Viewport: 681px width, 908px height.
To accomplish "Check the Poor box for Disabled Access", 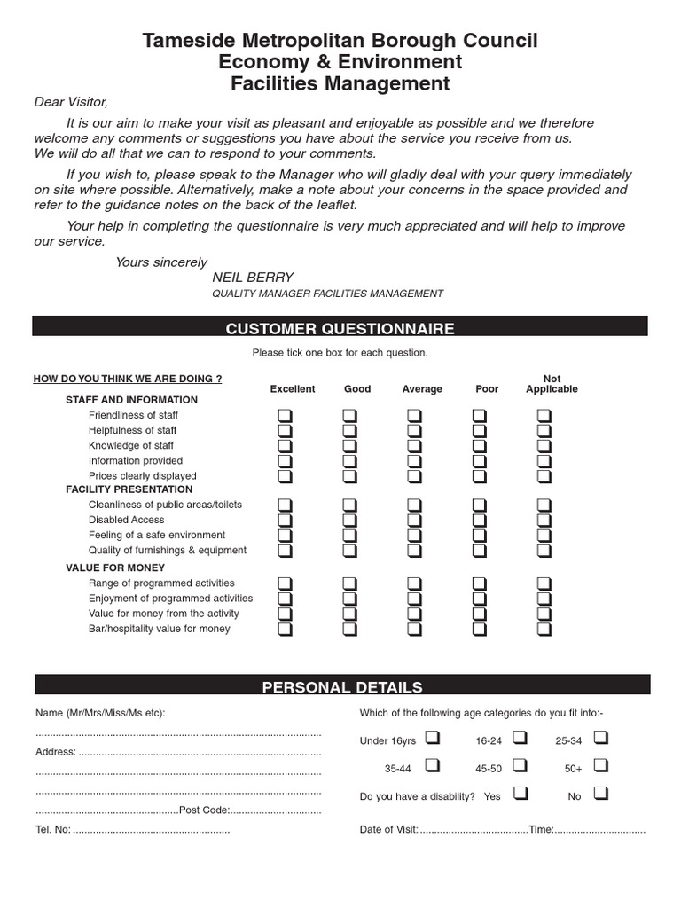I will [x=479, y=520].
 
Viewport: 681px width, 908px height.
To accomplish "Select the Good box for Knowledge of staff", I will [x=348, y=445].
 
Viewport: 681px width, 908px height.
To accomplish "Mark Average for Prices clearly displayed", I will [x=413, y=476].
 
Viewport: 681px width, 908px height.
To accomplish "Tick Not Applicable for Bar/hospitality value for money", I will [x=544, y=629].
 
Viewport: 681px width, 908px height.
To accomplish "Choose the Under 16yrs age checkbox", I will [x=432, y=737].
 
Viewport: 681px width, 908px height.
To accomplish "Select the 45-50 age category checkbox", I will [x=520, y=764].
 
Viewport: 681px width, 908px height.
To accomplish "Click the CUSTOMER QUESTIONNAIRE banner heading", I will [x=340, y=329].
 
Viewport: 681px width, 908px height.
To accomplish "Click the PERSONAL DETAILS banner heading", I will [x=342, y=687].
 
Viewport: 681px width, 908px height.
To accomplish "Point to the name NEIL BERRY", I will [x=253, y=278].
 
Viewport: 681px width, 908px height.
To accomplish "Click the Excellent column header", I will [x=293, y=389].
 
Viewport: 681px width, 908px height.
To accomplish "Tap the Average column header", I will [x=422, y=389].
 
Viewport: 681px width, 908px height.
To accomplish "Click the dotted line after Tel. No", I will [x=151, y=831].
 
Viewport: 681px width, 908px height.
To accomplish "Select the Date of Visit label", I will [x=388, y=831].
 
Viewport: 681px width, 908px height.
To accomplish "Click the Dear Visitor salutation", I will [x=71, y=102].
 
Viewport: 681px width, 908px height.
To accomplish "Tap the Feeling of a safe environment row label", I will [x=157, y=535].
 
